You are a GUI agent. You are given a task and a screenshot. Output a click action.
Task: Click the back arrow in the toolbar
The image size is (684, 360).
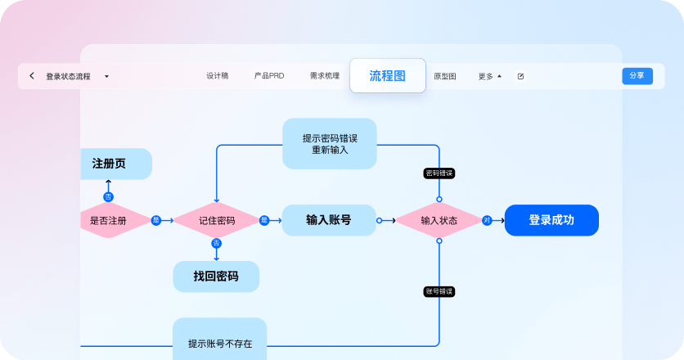pyautogui.click(x=32, y=76)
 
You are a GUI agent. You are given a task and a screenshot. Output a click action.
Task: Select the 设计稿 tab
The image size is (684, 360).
pyautogui.click(x=217, y=76)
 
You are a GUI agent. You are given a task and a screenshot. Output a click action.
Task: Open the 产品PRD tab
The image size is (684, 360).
pyautogui.click(x=268, y=76)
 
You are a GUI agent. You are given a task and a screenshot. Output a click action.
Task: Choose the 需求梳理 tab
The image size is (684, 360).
pyautogui.click(x=324, y=76)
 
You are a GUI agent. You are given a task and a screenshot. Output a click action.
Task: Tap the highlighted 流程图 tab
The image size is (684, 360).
pyautogui.click(x=387, y=75)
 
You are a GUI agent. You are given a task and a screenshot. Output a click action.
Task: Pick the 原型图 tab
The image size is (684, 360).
pyautogui.click(x=444, y=76)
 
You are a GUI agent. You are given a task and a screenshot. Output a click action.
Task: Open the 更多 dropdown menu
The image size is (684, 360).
pyautogui.click(x=489, y=76)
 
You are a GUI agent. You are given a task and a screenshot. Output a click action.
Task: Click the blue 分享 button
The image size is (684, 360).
pyautogui.click(x=637, y=76)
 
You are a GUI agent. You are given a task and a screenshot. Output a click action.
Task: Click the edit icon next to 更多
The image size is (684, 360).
pyautogui.click(x=520, y=76)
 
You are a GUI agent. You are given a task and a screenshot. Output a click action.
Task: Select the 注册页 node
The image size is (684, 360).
pyautogui.click(x=115, y=164)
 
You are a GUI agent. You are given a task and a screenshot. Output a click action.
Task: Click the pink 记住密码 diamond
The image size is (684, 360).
pyautogui.click(x=216, y=221)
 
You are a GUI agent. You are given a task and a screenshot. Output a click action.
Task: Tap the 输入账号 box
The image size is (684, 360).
pyautogui.click(x=328, y=220)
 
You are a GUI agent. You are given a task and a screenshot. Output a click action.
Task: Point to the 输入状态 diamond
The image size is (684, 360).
pyautogui.click(x=439, y=221)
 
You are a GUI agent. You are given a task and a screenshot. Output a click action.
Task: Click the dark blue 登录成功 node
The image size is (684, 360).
pyautogui.click(x=551, y=220)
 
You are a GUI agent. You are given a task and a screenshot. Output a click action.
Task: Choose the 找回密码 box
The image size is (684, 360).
pyautogui.click(x=216, y=277)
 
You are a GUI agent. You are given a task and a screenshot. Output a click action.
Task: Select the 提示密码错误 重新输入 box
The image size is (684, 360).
pyautogui.click(x=329, y=144)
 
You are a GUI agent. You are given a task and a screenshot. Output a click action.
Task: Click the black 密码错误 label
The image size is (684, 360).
pyautogui.click(x=439, y=173)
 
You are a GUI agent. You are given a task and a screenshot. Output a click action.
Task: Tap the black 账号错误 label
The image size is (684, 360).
pyautogui.click(x=439, y=291)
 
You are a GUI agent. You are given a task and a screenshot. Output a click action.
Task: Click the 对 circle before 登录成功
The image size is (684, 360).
pyautogui.click(x=487, y=220)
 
